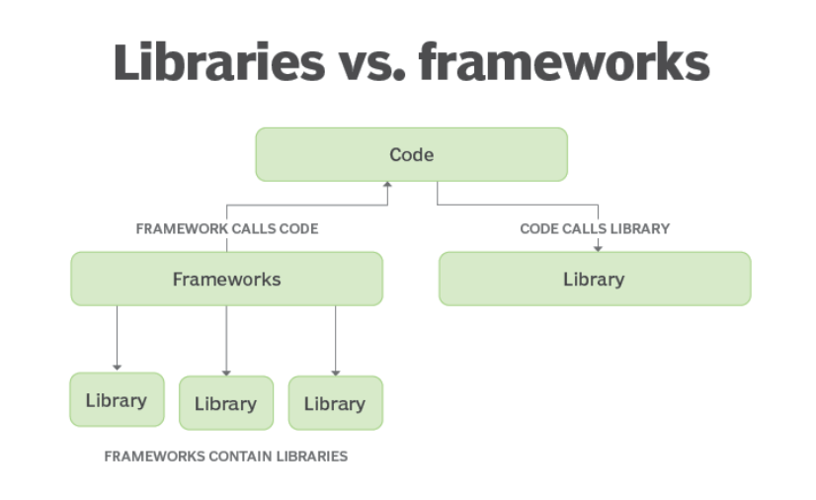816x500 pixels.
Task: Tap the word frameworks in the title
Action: [x=564, y=61]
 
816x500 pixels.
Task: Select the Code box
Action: [x=411, y=154]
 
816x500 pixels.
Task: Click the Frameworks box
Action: [x=226, y=279]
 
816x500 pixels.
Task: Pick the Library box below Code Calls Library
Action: [x=594, y=279]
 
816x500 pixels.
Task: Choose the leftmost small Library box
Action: [x=117, y=400]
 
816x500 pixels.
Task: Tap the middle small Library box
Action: [x=225, y=403]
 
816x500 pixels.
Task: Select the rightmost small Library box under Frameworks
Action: [x=335, y=403]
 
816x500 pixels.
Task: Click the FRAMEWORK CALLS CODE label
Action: [x=226, y=228]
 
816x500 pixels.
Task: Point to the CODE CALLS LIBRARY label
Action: [x=595, y=228]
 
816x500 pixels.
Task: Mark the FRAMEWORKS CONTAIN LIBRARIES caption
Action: [x=226, y=457]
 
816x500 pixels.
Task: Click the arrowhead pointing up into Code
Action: [x=387, y=185]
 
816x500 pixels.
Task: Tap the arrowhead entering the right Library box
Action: [x=597, y=247]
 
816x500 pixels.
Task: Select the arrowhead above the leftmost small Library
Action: [x=117, y=368]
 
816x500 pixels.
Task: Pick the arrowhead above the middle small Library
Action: [x=226, y=372]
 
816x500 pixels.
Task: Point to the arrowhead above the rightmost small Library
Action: [x=336, y=372]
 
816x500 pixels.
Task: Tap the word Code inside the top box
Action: [x=411, y=154]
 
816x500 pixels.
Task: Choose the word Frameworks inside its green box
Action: [x=226, y=279]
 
